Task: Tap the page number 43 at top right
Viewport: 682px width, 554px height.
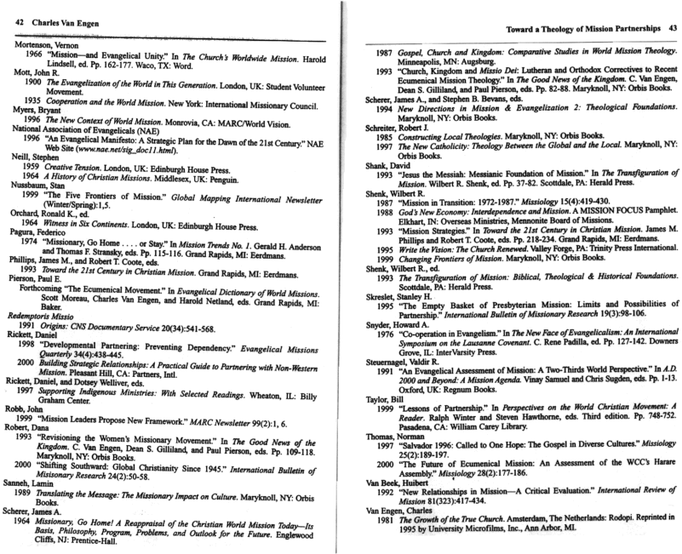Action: pos(670,30)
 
